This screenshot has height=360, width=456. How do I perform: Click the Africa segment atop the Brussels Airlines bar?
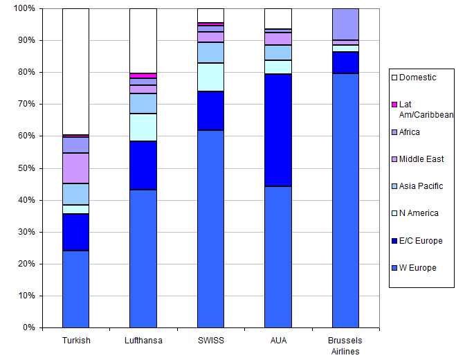pos(345,24)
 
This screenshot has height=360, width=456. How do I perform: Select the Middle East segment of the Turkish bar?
pos(75,168)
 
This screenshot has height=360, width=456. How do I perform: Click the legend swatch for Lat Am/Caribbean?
pos(395,105)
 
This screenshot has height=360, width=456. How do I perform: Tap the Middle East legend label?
pos(422,159)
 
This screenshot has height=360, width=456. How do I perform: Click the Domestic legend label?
pos(417,78)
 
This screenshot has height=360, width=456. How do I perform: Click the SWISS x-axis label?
pos(210,341)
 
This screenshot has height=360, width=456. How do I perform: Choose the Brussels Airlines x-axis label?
pos(345,345)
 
